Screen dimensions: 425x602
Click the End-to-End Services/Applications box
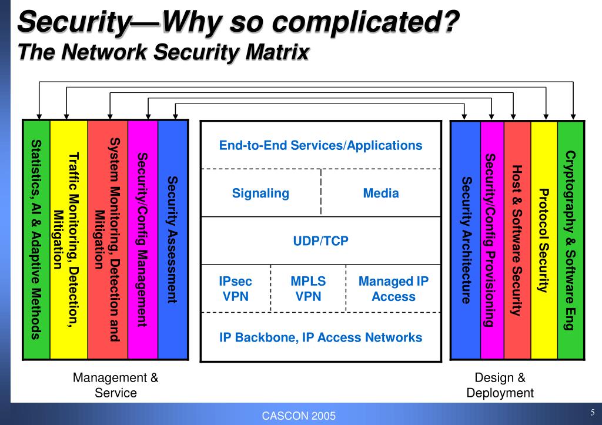click(x=320, y=145)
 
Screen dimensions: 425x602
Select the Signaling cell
click(x=260, y=193)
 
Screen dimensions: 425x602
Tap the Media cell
click(x=381, y=193)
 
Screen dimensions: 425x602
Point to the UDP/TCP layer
click(x=320, y=241)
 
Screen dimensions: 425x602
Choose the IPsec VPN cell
click(x=236, y=289)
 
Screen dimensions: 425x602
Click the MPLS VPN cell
click(x=308, y=289)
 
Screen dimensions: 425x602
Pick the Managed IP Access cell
click(x=393, y=289)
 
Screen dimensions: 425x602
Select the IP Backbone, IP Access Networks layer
click(x=320, y=337)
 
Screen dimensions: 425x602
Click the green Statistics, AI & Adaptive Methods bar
click(x=36, y=240)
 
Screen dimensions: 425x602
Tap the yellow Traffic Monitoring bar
click(x=69, y=240)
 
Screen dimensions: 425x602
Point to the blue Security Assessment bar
click(x=173, y=240)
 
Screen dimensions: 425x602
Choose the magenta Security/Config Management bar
click(x=142, y=240)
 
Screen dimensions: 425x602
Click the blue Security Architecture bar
click(x=466, y=240)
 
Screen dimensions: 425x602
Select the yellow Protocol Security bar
click(x=544, y=240)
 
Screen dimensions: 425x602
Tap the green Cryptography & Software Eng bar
click(x=570, y=240)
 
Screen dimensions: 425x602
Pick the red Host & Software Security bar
click(x=517, y=240)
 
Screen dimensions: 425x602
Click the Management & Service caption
click(x=116, y=385)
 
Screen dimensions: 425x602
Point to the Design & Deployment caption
click(x=500, y=385)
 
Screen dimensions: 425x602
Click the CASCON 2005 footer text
click(x=299, y=416)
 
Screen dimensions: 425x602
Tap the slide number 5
click(x=593, y=411)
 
